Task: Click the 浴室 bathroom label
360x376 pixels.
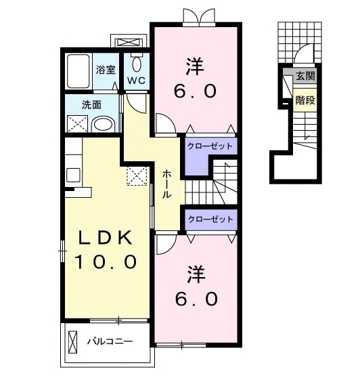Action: [x=106, y=70]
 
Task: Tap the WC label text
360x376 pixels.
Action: [x=136, y=81]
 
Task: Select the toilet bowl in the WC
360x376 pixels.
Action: [x=137, y=64]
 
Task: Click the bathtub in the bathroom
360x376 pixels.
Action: [x=78, y=71]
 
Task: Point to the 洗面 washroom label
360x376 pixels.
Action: [x=92, y=105]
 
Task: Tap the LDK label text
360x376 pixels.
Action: [x=106, y=237]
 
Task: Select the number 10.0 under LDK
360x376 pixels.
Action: [x=106, y=262]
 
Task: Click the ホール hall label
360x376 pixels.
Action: [x=166, y=184]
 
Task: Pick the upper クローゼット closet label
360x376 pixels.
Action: [x=210, y=146]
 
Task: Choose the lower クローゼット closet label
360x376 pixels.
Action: [x=210, y=220]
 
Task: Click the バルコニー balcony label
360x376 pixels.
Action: [x=110, y=341]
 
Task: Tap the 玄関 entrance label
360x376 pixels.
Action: [x=305, y=77]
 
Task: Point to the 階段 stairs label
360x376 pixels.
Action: [x=305, y=100]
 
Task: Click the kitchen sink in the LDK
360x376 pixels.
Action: [x=73, y=175]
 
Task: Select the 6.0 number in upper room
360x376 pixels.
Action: [x=195, y=91]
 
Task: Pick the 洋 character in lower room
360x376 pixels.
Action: [x=196, y=274]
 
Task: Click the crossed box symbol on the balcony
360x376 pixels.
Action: [x=73, y=341]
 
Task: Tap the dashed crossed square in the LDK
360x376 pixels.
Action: [x=137, y=176]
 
